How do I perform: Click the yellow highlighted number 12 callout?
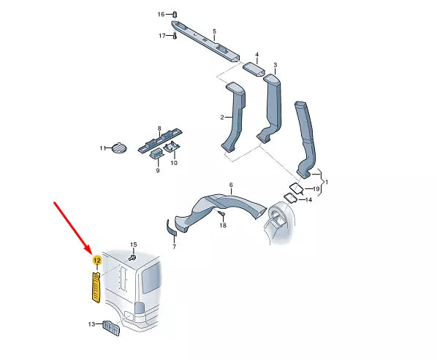97,261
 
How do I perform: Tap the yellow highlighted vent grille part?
96,287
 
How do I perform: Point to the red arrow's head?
91,251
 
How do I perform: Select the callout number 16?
161,14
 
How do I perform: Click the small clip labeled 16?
175,14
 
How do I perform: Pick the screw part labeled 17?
175,36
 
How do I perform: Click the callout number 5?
214,31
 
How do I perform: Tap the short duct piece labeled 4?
254,69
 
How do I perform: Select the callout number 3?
275,65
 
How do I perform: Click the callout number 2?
222,118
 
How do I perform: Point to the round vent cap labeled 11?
119,148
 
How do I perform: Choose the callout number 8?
159,129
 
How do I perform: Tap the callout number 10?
174,163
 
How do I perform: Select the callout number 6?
231,185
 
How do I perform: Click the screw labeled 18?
222,213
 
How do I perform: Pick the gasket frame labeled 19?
297,189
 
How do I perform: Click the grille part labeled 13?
112,329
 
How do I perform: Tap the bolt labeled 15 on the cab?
133,257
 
